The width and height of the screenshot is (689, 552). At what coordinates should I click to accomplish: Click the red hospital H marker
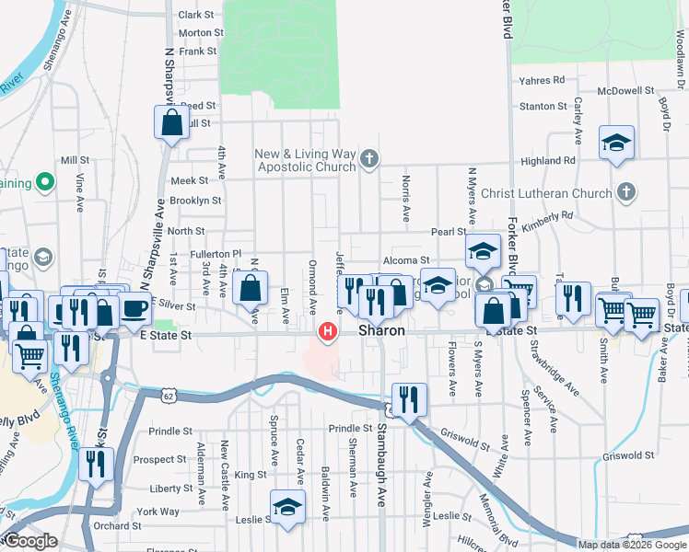pos(326,331)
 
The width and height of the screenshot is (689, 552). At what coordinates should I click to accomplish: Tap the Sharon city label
pos(382,330)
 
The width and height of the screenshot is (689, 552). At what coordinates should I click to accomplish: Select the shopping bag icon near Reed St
pos(172,122)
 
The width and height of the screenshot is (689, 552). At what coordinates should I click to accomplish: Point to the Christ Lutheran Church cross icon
pos(625,193)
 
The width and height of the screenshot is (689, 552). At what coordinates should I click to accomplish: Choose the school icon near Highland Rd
pos(616,143)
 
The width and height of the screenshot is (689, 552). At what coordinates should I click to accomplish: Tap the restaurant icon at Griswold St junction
pos(409,399)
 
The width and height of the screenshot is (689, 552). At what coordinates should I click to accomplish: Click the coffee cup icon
pos(134,309)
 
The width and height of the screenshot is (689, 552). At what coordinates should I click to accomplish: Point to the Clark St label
pos(195,15)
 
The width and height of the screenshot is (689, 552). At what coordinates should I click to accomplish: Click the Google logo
pos(30,540)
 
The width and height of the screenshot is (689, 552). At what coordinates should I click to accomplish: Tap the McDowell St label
pos(625,91)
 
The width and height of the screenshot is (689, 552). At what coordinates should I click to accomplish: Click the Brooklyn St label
pos(195,200)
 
